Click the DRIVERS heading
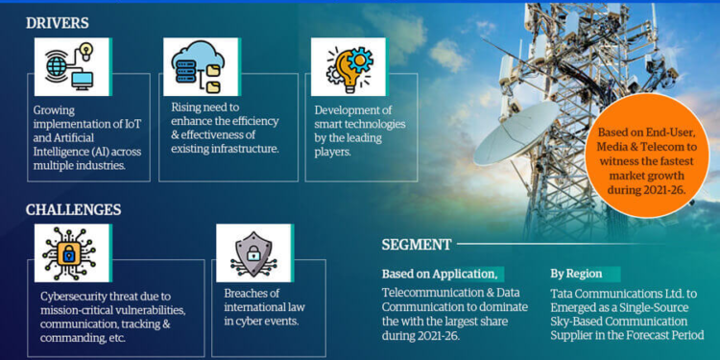click(x=58, y=22)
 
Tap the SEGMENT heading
click(x=416, y=245)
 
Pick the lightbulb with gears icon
click(x=348, y=66)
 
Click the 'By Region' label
click(x=578, y=274)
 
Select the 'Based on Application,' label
click(x=440, y=274)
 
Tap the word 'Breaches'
click(x=247, y=293)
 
